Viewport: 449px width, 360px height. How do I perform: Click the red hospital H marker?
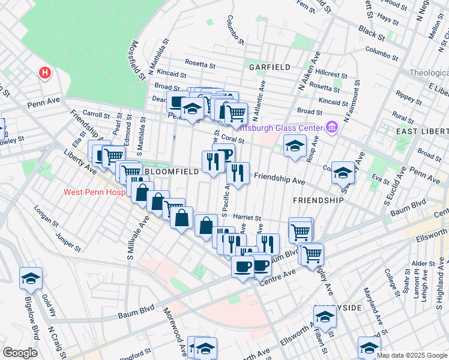pos(44,73)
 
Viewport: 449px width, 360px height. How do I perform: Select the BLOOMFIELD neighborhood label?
pos(171,172)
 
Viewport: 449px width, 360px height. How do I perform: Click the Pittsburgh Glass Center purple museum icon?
pos(331,127)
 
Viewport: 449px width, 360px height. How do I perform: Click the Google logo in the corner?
pos(20,352)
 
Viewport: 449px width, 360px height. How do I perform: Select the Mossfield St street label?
pos(137,60)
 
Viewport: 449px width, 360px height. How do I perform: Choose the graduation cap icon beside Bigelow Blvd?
pos(31,278)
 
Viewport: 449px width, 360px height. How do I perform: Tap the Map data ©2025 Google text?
pos(412,355)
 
